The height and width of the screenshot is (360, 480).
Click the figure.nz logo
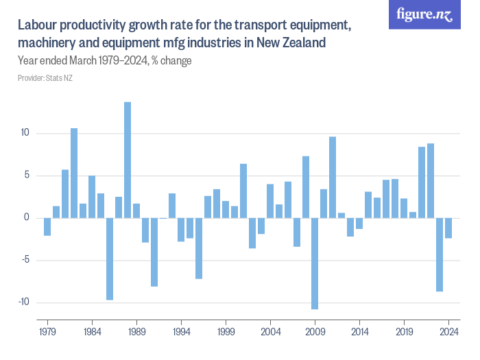(x=424, y=14)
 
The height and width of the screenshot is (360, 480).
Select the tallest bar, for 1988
(x=128, y=160)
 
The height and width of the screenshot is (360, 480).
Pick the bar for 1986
(x=110, y=259)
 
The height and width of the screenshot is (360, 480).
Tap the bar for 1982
(x=74, y=173)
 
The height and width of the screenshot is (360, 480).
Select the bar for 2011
(x=333, y=177)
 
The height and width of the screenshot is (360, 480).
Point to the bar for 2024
(x=448, y=228)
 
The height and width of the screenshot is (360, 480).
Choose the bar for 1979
(x=47, y=226)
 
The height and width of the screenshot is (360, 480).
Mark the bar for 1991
(x=154, y=252)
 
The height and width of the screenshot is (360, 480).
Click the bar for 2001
(x=243, y=191)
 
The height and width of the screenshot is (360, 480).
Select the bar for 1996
(x=199, y=248)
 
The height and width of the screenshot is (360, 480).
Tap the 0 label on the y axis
(x=26, y=217)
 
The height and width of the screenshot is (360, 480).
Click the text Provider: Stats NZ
(x=45, y=78)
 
